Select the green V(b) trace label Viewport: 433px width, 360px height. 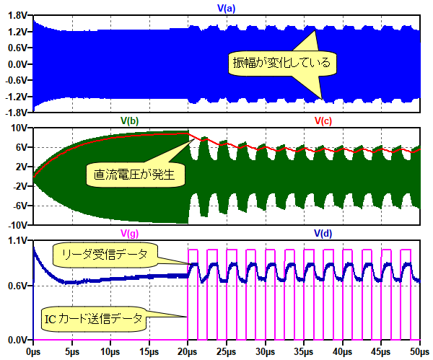129,120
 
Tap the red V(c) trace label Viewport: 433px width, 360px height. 323,120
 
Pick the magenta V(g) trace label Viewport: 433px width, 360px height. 129,233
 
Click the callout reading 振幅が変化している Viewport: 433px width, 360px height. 280,63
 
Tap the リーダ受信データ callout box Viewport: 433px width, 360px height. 103,253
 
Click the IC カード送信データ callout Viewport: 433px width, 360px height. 93,317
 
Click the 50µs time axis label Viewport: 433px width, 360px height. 419,352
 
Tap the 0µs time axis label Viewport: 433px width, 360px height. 32,352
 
